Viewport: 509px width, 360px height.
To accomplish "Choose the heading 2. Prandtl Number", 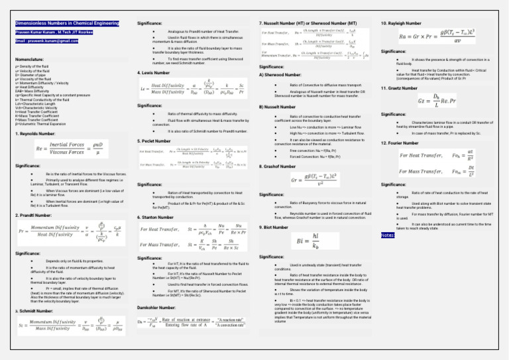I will coord(33,215).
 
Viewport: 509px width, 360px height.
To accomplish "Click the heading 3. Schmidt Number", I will coord(33,292).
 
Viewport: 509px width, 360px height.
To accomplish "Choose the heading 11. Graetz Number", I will coord(398,88).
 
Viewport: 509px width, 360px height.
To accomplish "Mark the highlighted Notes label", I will coord(388,235).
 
